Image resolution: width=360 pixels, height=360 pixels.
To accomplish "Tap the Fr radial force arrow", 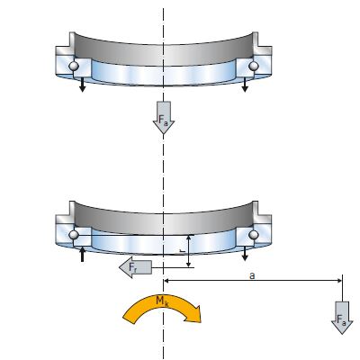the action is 135,267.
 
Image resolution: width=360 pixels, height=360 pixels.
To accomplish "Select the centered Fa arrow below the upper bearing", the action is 164,118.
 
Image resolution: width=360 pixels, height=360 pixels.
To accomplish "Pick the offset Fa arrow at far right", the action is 342,318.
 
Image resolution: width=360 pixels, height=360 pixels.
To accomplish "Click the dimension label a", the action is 252,275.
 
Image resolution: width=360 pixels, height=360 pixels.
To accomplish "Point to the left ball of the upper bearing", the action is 74,66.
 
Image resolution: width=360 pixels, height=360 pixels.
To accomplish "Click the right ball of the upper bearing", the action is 254,66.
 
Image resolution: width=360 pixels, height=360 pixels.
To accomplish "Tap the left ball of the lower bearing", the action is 74,235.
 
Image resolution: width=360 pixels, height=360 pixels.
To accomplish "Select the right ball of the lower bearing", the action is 254,235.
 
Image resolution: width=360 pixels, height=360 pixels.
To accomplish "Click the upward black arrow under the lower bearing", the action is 82,255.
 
